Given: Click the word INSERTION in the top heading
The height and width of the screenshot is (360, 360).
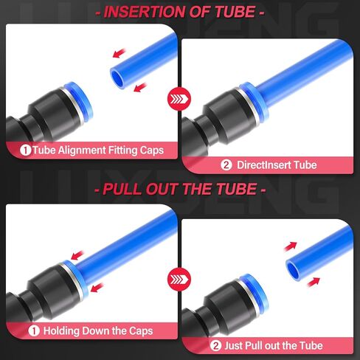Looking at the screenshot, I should pos(142,12).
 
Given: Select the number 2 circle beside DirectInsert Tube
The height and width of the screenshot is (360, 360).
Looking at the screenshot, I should pos(226,165).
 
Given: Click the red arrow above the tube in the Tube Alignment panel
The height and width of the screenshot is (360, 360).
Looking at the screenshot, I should pos(117,52).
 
